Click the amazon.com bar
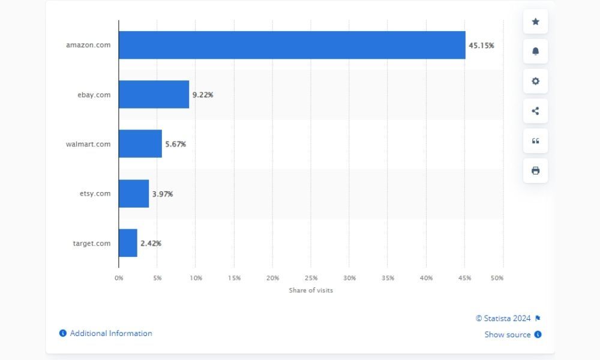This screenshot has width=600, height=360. click(292, 45)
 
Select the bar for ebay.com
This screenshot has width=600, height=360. click(154, 94)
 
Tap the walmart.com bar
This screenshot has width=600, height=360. click(140, 144)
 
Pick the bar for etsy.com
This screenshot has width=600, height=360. click(133, 193)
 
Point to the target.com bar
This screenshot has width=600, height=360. click(128, 242)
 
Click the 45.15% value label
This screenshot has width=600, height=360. click(481, 46)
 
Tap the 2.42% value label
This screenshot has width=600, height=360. click(151, 243)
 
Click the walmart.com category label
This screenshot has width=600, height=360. click(89, 144)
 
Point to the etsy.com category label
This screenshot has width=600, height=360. click(94, 193)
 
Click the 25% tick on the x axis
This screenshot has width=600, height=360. click(311, 278)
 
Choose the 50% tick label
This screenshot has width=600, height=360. click(497, 278)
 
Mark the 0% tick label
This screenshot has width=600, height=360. click(119, 278)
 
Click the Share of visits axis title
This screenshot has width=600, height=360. click(311, 290)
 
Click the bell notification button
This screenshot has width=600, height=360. click(535, 52)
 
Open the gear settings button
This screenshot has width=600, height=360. click(535, 81)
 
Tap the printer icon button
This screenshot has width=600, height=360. click(535, 170)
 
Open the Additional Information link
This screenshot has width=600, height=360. click(111, 334)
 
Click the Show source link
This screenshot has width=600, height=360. click(508, 335)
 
